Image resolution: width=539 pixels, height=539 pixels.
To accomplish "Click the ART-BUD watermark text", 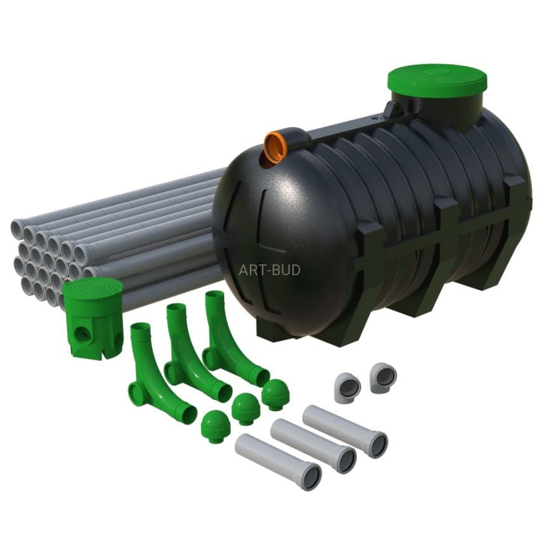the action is [x=269, y=270].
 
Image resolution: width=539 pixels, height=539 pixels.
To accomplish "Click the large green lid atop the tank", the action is [x=438, y=84].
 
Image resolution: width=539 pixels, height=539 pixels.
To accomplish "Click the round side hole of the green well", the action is [x=82, y=334].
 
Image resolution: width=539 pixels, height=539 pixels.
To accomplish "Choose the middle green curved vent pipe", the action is [x=194, y=353].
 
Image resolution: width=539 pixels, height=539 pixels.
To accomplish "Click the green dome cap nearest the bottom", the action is [x=215, y=426].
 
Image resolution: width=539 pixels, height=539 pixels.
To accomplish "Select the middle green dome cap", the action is [x=245, y=409].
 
